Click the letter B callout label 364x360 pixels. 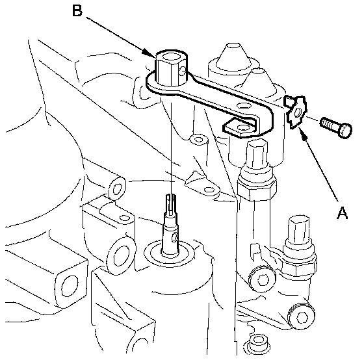77,10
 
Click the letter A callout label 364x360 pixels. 342,212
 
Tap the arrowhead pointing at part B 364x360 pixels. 149,53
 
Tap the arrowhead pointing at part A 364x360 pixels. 302,133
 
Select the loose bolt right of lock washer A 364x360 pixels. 336,127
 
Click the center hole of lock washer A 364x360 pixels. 298,113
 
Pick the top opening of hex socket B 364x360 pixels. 171,57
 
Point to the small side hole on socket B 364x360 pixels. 183,71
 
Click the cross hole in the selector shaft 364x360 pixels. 174,237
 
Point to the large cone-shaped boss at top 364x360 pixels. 234,57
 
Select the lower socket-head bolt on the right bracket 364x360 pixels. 301,316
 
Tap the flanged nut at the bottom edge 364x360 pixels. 257,344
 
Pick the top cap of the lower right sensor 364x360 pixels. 298,228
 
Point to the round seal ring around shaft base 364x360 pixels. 169,253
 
